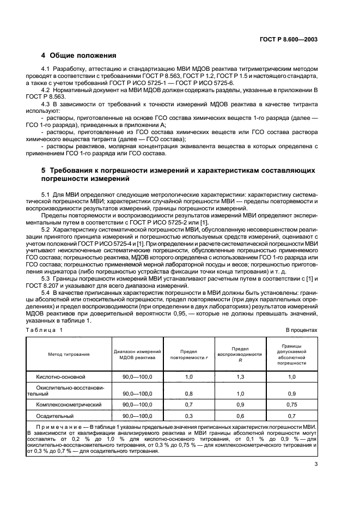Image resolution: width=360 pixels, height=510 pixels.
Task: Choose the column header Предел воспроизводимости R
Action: (240, 354)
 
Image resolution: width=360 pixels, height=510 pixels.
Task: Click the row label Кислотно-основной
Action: (60, 377)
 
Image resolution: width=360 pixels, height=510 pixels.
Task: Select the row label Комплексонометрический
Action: (69, 405)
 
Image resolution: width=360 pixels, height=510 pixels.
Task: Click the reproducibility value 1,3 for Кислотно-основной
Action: (240, 377)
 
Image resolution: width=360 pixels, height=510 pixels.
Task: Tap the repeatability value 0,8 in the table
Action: (189, 393)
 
